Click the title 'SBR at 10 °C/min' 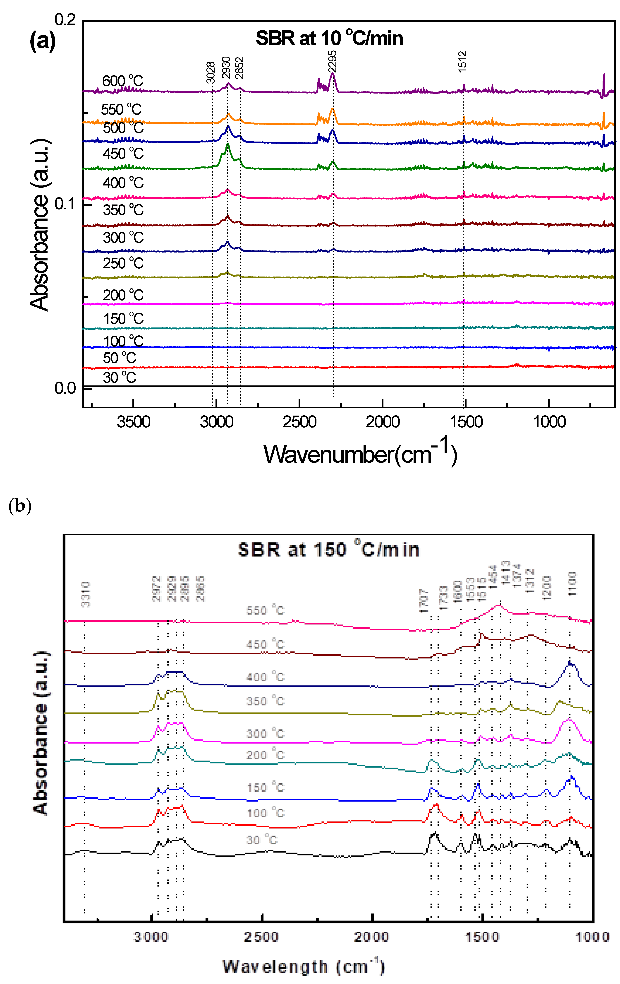pos(329,38)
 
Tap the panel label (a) pos(43,41)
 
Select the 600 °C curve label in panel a pos(122,81)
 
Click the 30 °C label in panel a pos(119,377)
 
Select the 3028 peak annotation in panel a pos(210,72)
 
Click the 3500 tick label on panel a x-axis pos(133,422)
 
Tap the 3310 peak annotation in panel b pos(85,594)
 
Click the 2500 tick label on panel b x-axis pos(261,937)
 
